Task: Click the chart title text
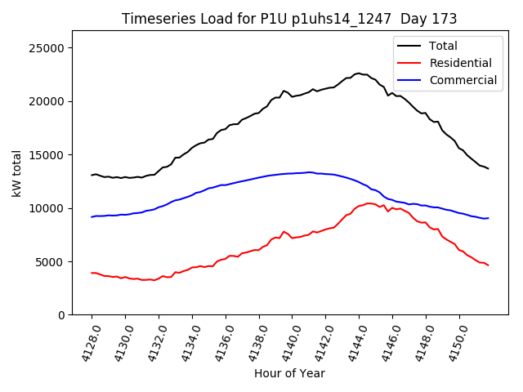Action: pos(289,18)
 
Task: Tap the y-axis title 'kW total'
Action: pos(16,173)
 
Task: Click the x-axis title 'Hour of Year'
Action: pos(289,373)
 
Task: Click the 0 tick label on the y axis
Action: pos(61,315)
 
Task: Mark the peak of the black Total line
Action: pos(358,73)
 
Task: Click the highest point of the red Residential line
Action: pos(369,203)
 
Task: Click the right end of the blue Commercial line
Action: pos(488,218)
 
